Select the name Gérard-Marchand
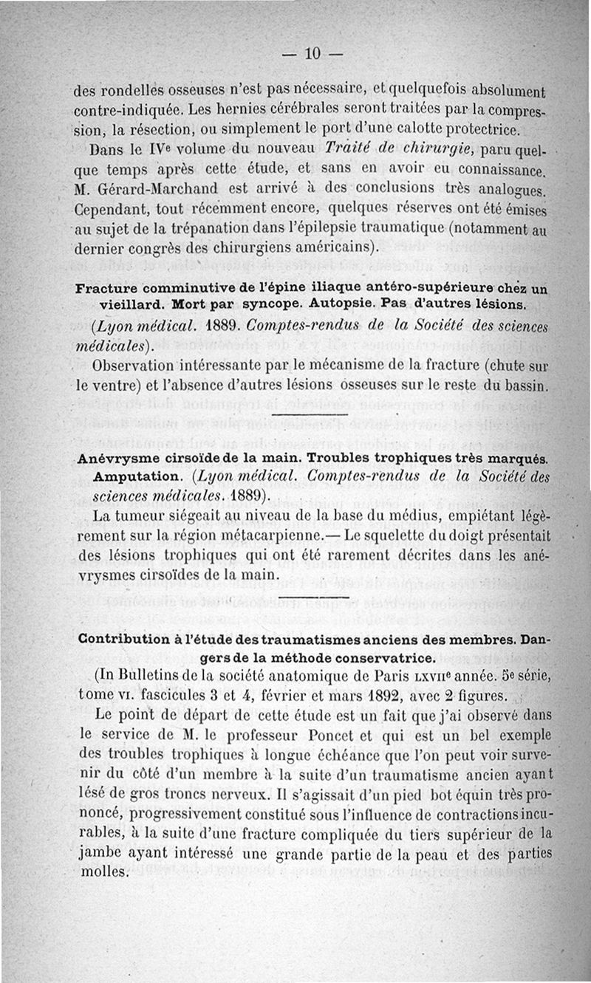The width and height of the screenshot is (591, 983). [148, 190]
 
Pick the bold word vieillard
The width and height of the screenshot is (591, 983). [131, 304]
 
